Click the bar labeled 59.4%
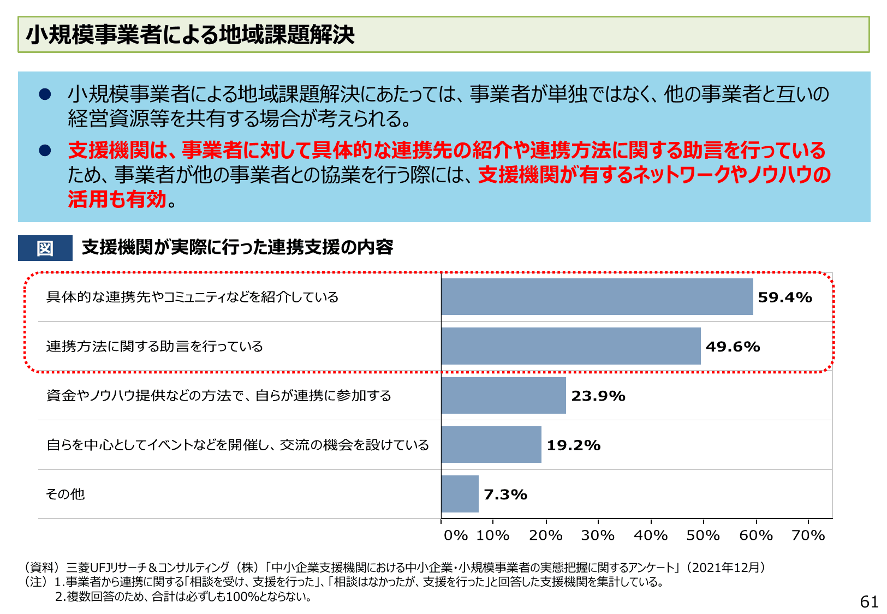(597, 297)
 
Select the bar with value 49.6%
(571, 346)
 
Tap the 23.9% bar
(503, 395)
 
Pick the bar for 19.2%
(491, 445)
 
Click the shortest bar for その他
(460, 494)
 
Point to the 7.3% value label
(505, 494)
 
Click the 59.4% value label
(785, 297)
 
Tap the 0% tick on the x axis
(455, 535)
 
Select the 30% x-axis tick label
(598, 535)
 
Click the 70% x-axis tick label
(808, 535)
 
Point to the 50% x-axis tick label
(703, 535)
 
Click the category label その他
(66, 494)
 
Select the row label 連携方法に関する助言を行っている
(154, 347)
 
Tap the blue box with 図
(45, 248)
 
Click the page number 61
(869, 602)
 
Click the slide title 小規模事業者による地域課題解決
(191, 35)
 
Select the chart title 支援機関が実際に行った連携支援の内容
(237, 247)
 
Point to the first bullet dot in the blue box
(45, 94)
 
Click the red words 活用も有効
(117, 199)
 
